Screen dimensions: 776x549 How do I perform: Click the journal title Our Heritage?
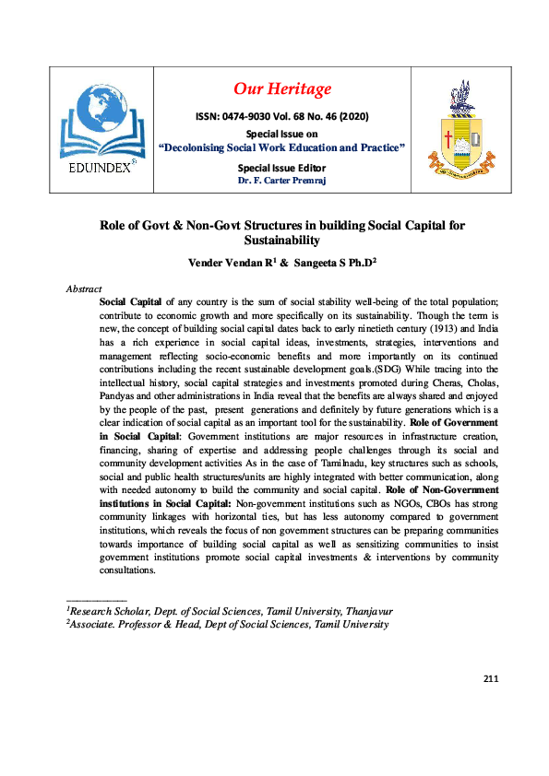(281, 88)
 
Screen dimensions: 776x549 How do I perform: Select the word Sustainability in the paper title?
(281, 240)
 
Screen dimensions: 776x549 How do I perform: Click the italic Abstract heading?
(84, 288)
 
